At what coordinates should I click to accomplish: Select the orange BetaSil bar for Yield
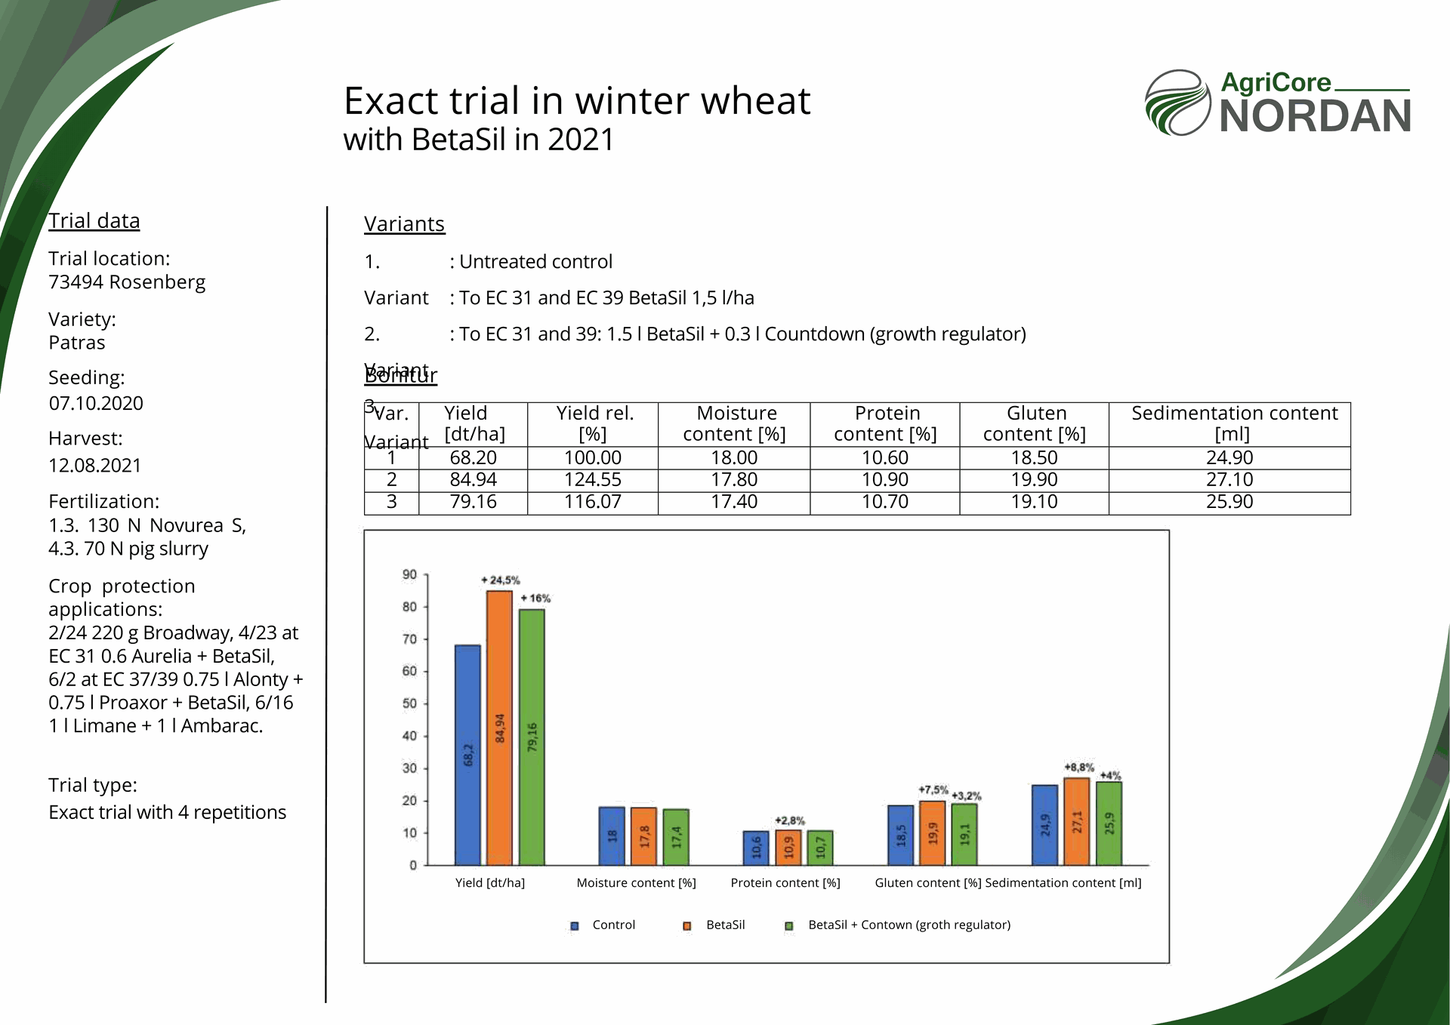coord(499,728)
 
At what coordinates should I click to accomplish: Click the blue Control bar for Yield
coord(467,755)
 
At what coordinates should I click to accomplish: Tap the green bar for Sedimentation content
coord(1109,823)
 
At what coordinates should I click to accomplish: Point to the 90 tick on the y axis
coord(409,575)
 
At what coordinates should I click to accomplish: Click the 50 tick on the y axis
coord(409,703)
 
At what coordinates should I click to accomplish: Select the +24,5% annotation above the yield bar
coord(500,580)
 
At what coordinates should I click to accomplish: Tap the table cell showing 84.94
coord(474,480)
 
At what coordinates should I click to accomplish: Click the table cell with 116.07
coord(593,502)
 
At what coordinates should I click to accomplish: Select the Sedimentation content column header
coord(1233,423)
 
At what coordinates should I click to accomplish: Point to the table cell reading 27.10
coord(1229,480)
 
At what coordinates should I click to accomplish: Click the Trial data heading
coord(94,221)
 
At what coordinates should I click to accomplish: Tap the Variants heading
coord(404,224)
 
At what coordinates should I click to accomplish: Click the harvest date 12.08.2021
coord(95,466)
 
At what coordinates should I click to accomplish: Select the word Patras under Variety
coord(77,343)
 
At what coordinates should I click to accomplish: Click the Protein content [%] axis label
coord(785,883)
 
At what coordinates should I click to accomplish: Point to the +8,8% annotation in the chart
coord(1079,768)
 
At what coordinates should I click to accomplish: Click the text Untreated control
coord(535,262)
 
